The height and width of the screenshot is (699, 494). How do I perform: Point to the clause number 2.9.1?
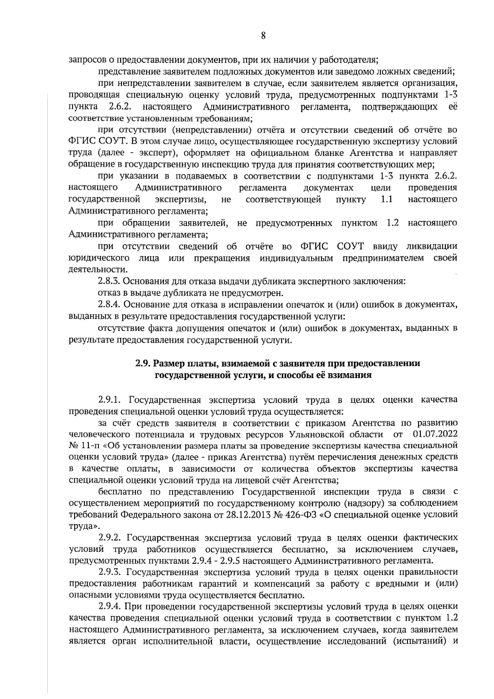click(111, 400)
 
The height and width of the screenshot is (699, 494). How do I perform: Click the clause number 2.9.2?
click(111, 538)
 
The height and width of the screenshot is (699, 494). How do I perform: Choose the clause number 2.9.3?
click(111, 572)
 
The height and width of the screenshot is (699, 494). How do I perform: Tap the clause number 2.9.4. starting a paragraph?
click(110, 606)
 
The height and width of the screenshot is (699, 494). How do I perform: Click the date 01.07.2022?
click(435, 434)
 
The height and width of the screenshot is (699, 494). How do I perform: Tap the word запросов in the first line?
click(86, 59)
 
